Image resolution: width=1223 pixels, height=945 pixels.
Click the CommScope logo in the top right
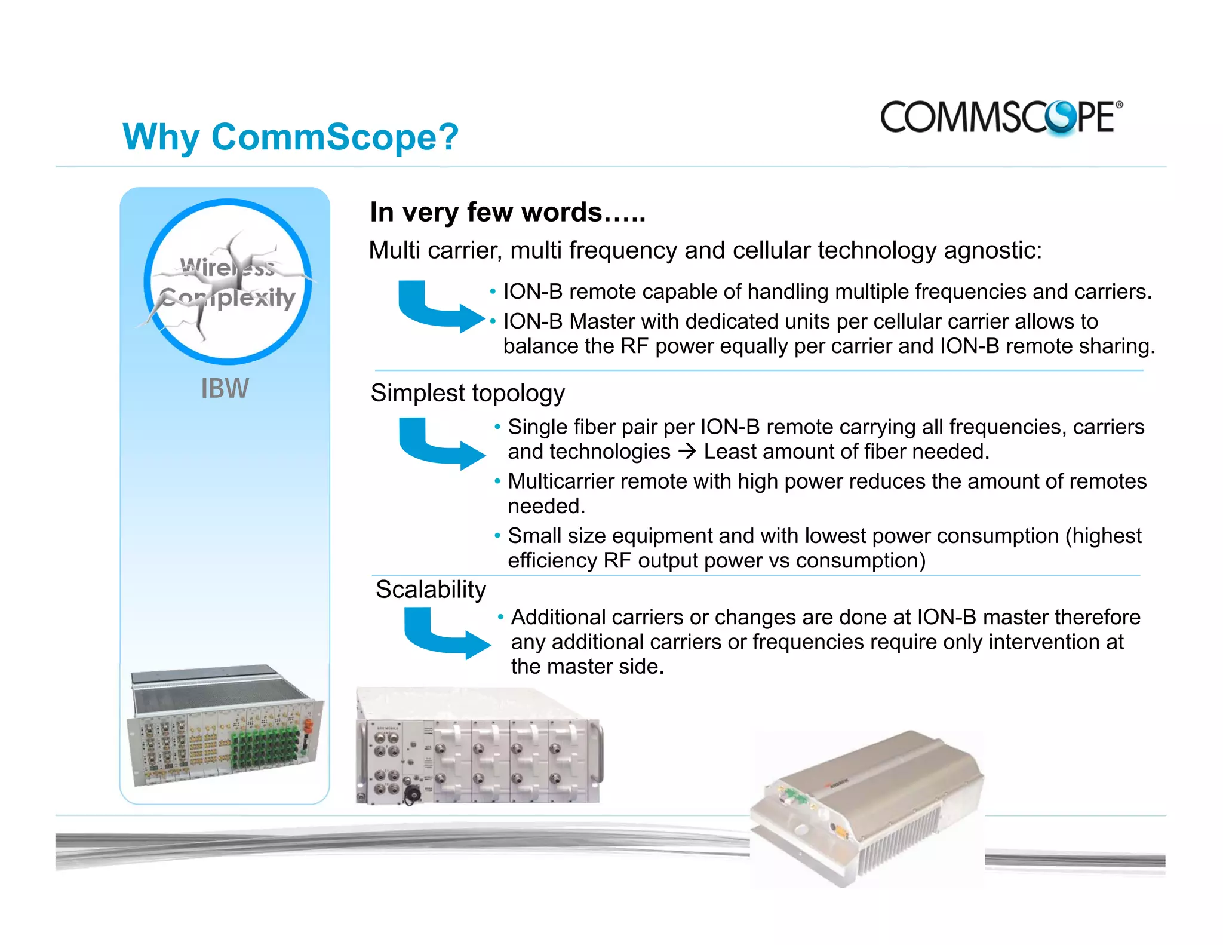pos(1000,117)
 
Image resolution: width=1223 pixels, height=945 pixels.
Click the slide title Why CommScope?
pos(290,137)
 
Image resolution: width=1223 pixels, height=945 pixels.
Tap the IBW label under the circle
pos(225,389)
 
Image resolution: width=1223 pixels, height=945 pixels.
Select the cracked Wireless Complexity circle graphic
pos(228,282)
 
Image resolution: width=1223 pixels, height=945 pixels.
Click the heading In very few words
pos(507,213)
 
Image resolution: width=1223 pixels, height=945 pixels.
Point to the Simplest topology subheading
pos(467,393)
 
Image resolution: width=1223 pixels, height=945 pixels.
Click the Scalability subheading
pos(431,590)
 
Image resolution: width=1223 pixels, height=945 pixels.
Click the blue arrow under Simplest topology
pos(439,444)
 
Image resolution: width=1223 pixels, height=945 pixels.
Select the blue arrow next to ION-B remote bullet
pos(439,306)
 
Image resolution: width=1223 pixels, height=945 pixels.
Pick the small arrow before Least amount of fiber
pos(687,452)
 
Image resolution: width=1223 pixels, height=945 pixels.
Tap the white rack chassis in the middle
pos(479,747)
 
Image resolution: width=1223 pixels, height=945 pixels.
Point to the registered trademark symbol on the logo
pos(1119,105)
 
